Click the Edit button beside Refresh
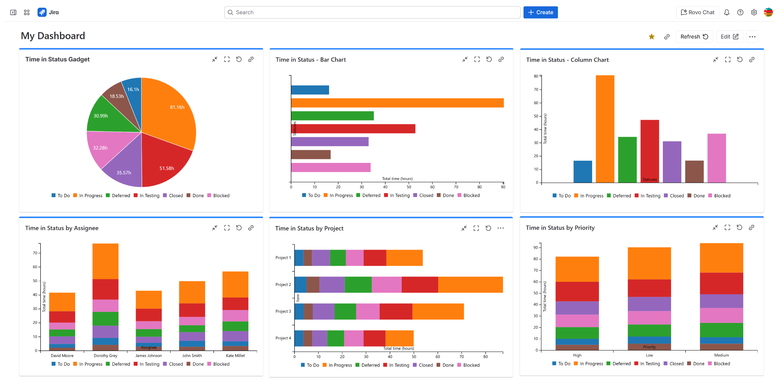point(729,37)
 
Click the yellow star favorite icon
point(651,37)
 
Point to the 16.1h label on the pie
point(133,89)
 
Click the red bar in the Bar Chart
point(353,129)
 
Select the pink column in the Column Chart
point(716,158)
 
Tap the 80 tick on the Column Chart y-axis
point(536,76)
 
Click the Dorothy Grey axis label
point(105,355)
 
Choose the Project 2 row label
point(283,285)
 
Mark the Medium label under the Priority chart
point(721,355)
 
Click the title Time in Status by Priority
point(560,228)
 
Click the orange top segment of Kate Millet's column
point(235,284)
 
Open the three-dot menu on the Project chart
point(500,228)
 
